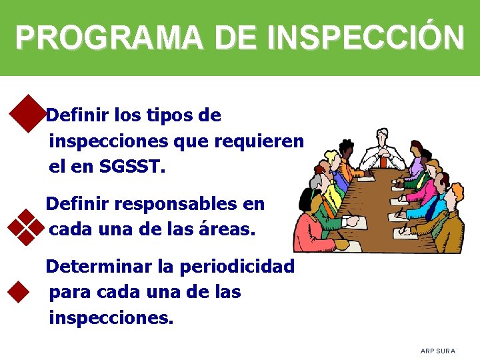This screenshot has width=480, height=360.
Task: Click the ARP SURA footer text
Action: pyautogui.click(x=437, y=351)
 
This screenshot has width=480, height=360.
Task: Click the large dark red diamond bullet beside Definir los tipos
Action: pyautogui.click(x=27, y=113)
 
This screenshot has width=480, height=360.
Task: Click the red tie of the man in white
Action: pyautogui.click(x=383, y=161)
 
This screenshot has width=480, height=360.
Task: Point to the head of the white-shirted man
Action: pyautogui.click(x=383, y=136)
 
